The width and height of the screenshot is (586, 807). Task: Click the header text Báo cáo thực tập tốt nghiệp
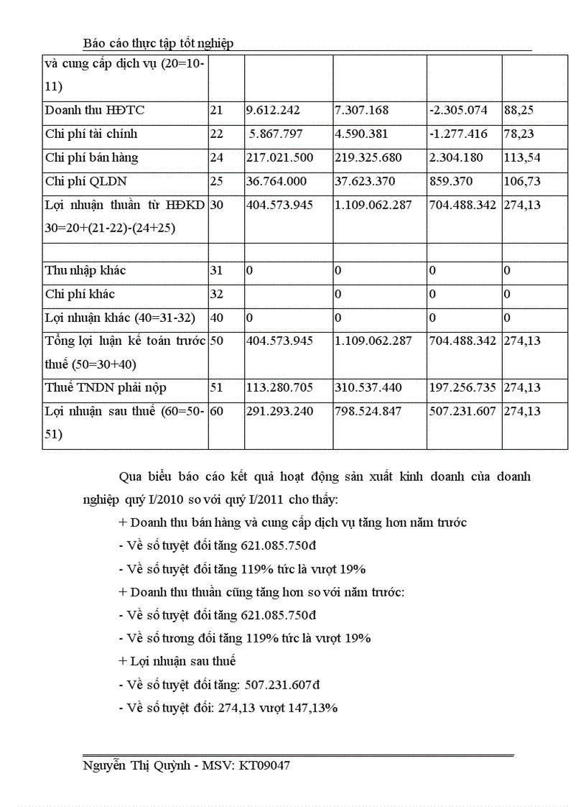[x=158, y=44]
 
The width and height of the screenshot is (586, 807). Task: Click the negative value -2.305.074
[x=462, y=111]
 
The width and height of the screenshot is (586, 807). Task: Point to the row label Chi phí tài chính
[x=91, y=134]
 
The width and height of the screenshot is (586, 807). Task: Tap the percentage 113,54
[x=522, y=157]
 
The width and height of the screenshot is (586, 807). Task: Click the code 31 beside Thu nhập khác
[x=217, y=271]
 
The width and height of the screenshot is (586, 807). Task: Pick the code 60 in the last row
[x=217, y=412]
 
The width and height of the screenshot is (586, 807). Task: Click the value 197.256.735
[x=462, y=388]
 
